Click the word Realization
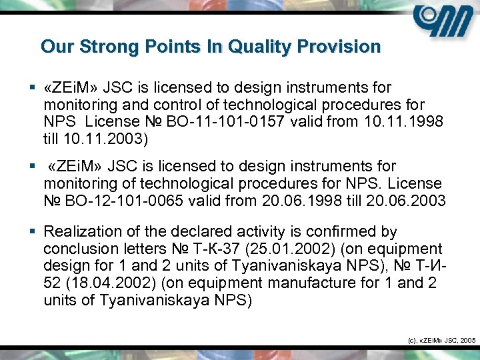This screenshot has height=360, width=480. point(84,232)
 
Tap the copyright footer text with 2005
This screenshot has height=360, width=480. point(441,340)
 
